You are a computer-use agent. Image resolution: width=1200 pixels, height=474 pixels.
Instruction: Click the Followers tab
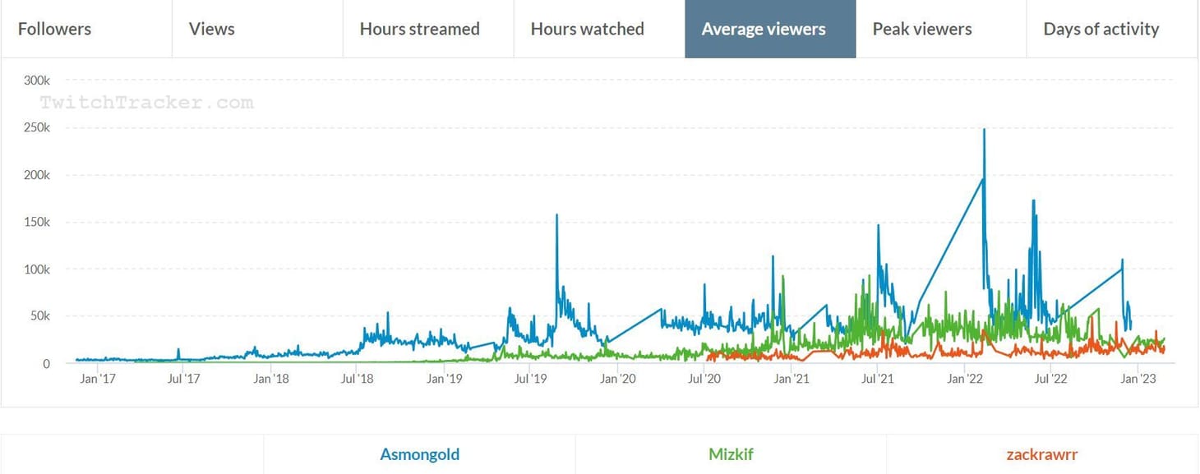click(x=54, y=29)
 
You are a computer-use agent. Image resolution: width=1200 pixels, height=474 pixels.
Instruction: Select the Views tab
click(x=211, y=29)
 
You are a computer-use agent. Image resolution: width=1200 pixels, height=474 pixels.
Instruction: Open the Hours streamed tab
click(x=419, y=29)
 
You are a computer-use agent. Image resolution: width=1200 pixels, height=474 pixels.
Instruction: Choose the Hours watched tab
click(x=587, y=29)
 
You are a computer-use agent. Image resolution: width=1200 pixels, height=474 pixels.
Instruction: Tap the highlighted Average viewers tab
click(x=764, y=29)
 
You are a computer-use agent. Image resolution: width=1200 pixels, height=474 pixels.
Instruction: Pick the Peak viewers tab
click(x=921, y=29)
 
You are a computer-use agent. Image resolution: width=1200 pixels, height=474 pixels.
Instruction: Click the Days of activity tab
click(x=1101, y=29)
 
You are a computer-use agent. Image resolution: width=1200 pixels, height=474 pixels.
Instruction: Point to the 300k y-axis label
click(x=36, y=81)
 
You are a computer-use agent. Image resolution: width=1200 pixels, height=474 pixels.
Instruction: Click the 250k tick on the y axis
click(x=36, y=128)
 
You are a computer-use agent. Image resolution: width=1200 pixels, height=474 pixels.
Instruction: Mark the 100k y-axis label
click(x=36, y=269)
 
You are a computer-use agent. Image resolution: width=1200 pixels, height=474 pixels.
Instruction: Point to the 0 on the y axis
click(x=46, y=364)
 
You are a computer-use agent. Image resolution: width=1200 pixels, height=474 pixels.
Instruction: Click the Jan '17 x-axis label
click(x=98, y=380)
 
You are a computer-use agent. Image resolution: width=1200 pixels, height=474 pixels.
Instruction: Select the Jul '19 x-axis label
click(x=530, y=380)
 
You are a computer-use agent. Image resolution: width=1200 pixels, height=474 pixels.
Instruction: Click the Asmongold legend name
click(x=419, y=454)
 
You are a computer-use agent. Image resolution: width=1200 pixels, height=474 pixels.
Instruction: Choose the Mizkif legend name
click(x=731, y=454)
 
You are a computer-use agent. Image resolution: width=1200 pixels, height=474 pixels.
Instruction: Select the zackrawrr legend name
click(x=1041, y=454)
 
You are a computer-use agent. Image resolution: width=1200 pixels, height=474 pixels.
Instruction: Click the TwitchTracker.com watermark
click(x=146, y=103)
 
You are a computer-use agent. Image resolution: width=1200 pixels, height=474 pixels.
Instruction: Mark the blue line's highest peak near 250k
click(x=984, y=130)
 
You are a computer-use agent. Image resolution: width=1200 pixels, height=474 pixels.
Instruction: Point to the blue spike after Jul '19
click(x=556, y=216)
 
